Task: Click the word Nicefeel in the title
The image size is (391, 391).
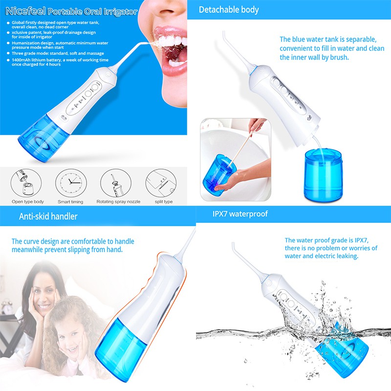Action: point(26,11)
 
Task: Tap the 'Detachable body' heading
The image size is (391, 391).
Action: point(229,10)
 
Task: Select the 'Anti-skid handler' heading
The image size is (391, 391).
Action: point(48,216)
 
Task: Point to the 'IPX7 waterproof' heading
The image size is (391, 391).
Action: point(240,214)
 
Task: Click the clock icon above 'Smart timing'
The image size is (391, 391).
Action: point(71,183)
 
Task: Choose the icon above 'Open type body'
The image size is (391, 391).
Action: point(26,183)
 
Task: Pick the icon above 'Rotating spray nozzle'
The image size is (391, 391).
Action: point(116,183)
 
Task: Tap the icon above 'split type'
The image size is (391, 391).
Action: point(161,183)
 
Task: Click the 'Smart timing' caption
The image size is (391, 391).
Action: point(70,202)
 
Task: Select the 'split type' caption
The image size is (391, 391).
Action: point(164,201)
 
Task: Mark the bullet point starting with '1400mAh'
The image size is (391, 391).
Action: point(60,62)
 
